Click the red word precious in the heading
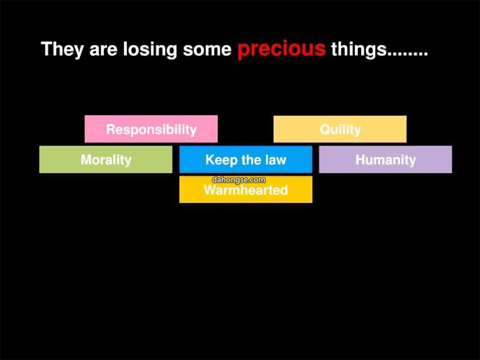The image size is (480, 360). coord(281,49)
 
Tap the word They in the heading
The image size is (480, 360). coord(62,49)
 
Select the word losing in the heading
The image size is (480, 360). coord(150,49)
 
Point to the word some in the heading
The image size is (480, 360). coord(207,50)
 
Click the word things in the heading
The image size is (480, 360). coord(359,49)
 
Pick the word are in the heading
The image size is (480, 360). coord(103,50)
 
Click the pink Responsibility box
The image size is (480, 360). coord(151,129)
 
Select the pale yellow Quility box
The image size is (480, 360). coord(340,129)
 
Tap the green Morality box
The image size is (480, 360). coord(106,160)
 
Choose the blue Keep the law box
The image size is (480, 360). coord(246,160)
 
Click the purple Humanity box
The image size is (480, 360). coord(385,160)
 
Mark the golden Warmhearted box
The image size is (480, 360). coord(246,189)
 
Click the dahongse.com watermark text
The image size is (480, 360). coord(239,180)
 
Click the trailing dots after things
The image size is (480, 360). coord(408,54)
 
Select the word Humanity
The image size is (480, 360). coord(385,160)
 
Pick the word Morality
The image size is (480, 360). coord(106,160)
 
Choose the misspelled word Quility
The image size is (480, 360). coord(340,130)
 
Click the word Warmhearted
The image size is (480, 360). coord(246,190)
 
